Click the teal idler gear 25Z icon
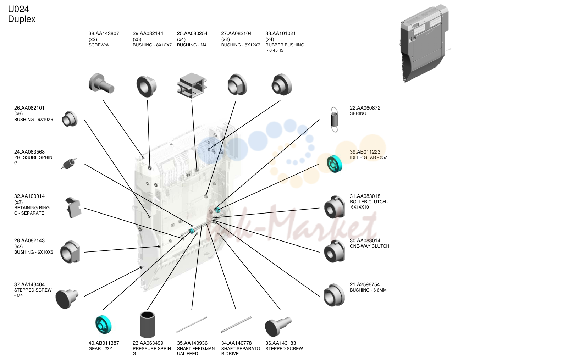pos(334,164)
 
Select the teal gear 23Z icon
pos(103,325)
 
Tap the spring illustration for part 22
pos(334,120)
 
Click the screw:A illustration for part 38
pos(101,83)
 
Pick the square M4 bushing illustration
pos(192,85)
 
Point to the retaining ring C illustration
pos(73,207)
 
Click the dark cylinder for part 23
pos(147,325)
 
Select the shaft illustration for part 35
pos(192,325)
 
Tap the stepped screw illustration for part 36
pos(278,326)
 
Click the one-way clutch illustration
pos(334,251)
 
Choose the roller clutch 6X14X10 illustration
pos(334,207)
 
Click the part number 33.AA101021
pos(281,33)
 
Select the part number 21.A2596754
pos(365,284)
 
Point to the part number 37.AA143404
pos(29,284)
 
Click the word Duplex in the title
pos(22,19)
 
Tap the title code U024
pos(18,9)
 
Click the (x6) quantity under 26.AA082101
pos(18,113)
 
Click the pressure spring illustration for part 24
pos(69,164)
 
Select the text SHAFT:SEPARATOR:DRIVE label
pos(241,351)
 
